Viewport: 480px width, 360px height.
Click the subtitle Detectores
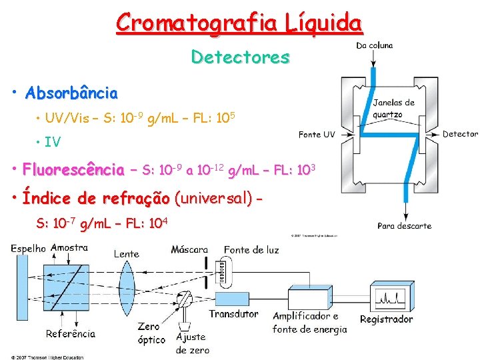click(240, 57)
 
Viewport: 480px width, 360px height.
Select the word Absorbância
click(71, 93)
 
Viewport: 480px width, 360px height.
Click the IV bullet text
click(52, 142)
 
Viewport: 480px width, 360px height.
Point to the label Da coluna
click(375, 46)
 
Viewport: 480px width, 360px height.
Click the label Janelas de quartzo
click(393, 108)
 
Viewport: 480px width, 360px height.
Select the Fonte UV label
click(317, 135)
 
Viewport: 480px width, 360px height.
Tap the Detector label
click(460, 134)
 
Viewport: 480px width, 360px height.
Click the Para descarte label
click(404, 226)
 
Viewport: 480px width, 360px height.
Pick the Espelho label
click(28, 249)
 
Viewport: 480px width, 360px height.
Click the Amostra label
click(69, 248)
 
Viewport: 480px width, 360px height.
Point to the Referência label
click(70, 333)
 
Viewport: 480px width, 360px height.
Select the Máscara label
click(189, 250)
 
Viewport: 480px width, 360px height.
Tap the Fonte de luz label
click(251, 250)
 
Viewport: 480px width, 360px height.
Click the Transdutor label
click(233, 313)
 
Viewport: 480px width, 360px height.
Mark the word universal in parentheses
click(213, 199)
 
